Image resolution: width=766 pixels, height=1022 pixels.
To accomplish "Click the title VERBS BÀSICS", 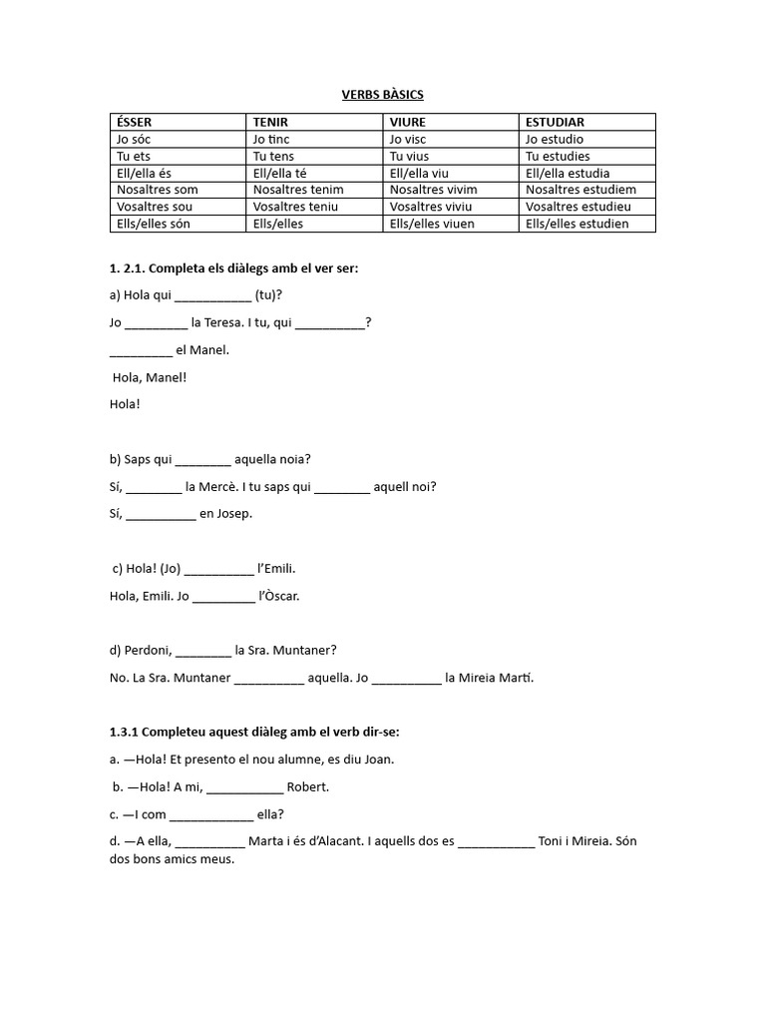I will [383, 95].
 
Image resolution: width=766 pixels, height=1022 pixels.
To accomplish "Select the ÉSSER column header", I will [135, 122].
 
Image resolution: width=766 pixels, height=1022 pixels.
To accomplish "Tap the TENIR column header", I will [270, 122].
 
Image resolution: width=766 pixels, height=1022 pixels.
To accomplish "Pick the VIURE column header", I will [407, 122].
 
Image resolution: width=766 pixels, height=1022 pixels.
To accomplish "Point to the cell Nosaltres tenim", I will [298, 190].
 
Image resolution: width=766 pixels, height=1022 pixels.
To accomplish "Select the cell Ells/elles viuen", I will [432, 224].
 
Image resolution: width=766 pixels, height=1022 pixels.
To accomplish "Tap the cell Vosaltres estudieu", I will [578, 207].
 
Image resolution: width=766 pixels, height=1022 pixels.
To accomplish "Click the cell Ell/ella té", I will [280, 173].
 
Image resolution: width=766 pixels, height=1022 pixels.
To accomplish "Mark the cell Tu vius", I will [410, 156].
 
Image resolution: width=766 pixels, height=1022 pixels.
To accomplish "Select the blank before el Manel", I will [140, 351].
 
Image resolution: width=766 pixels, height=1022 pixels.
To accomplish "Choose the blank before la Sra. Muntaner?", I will [202, 651].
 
